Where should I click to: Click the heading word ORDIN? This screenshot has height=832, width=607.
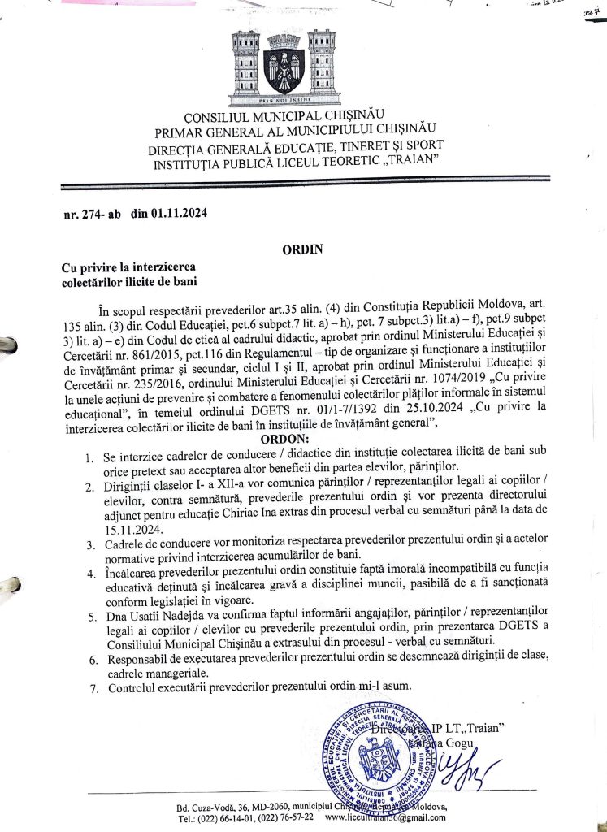coord(302,249)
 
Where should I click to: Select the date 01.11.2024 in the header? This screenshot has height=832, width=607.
coord(176,214)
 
